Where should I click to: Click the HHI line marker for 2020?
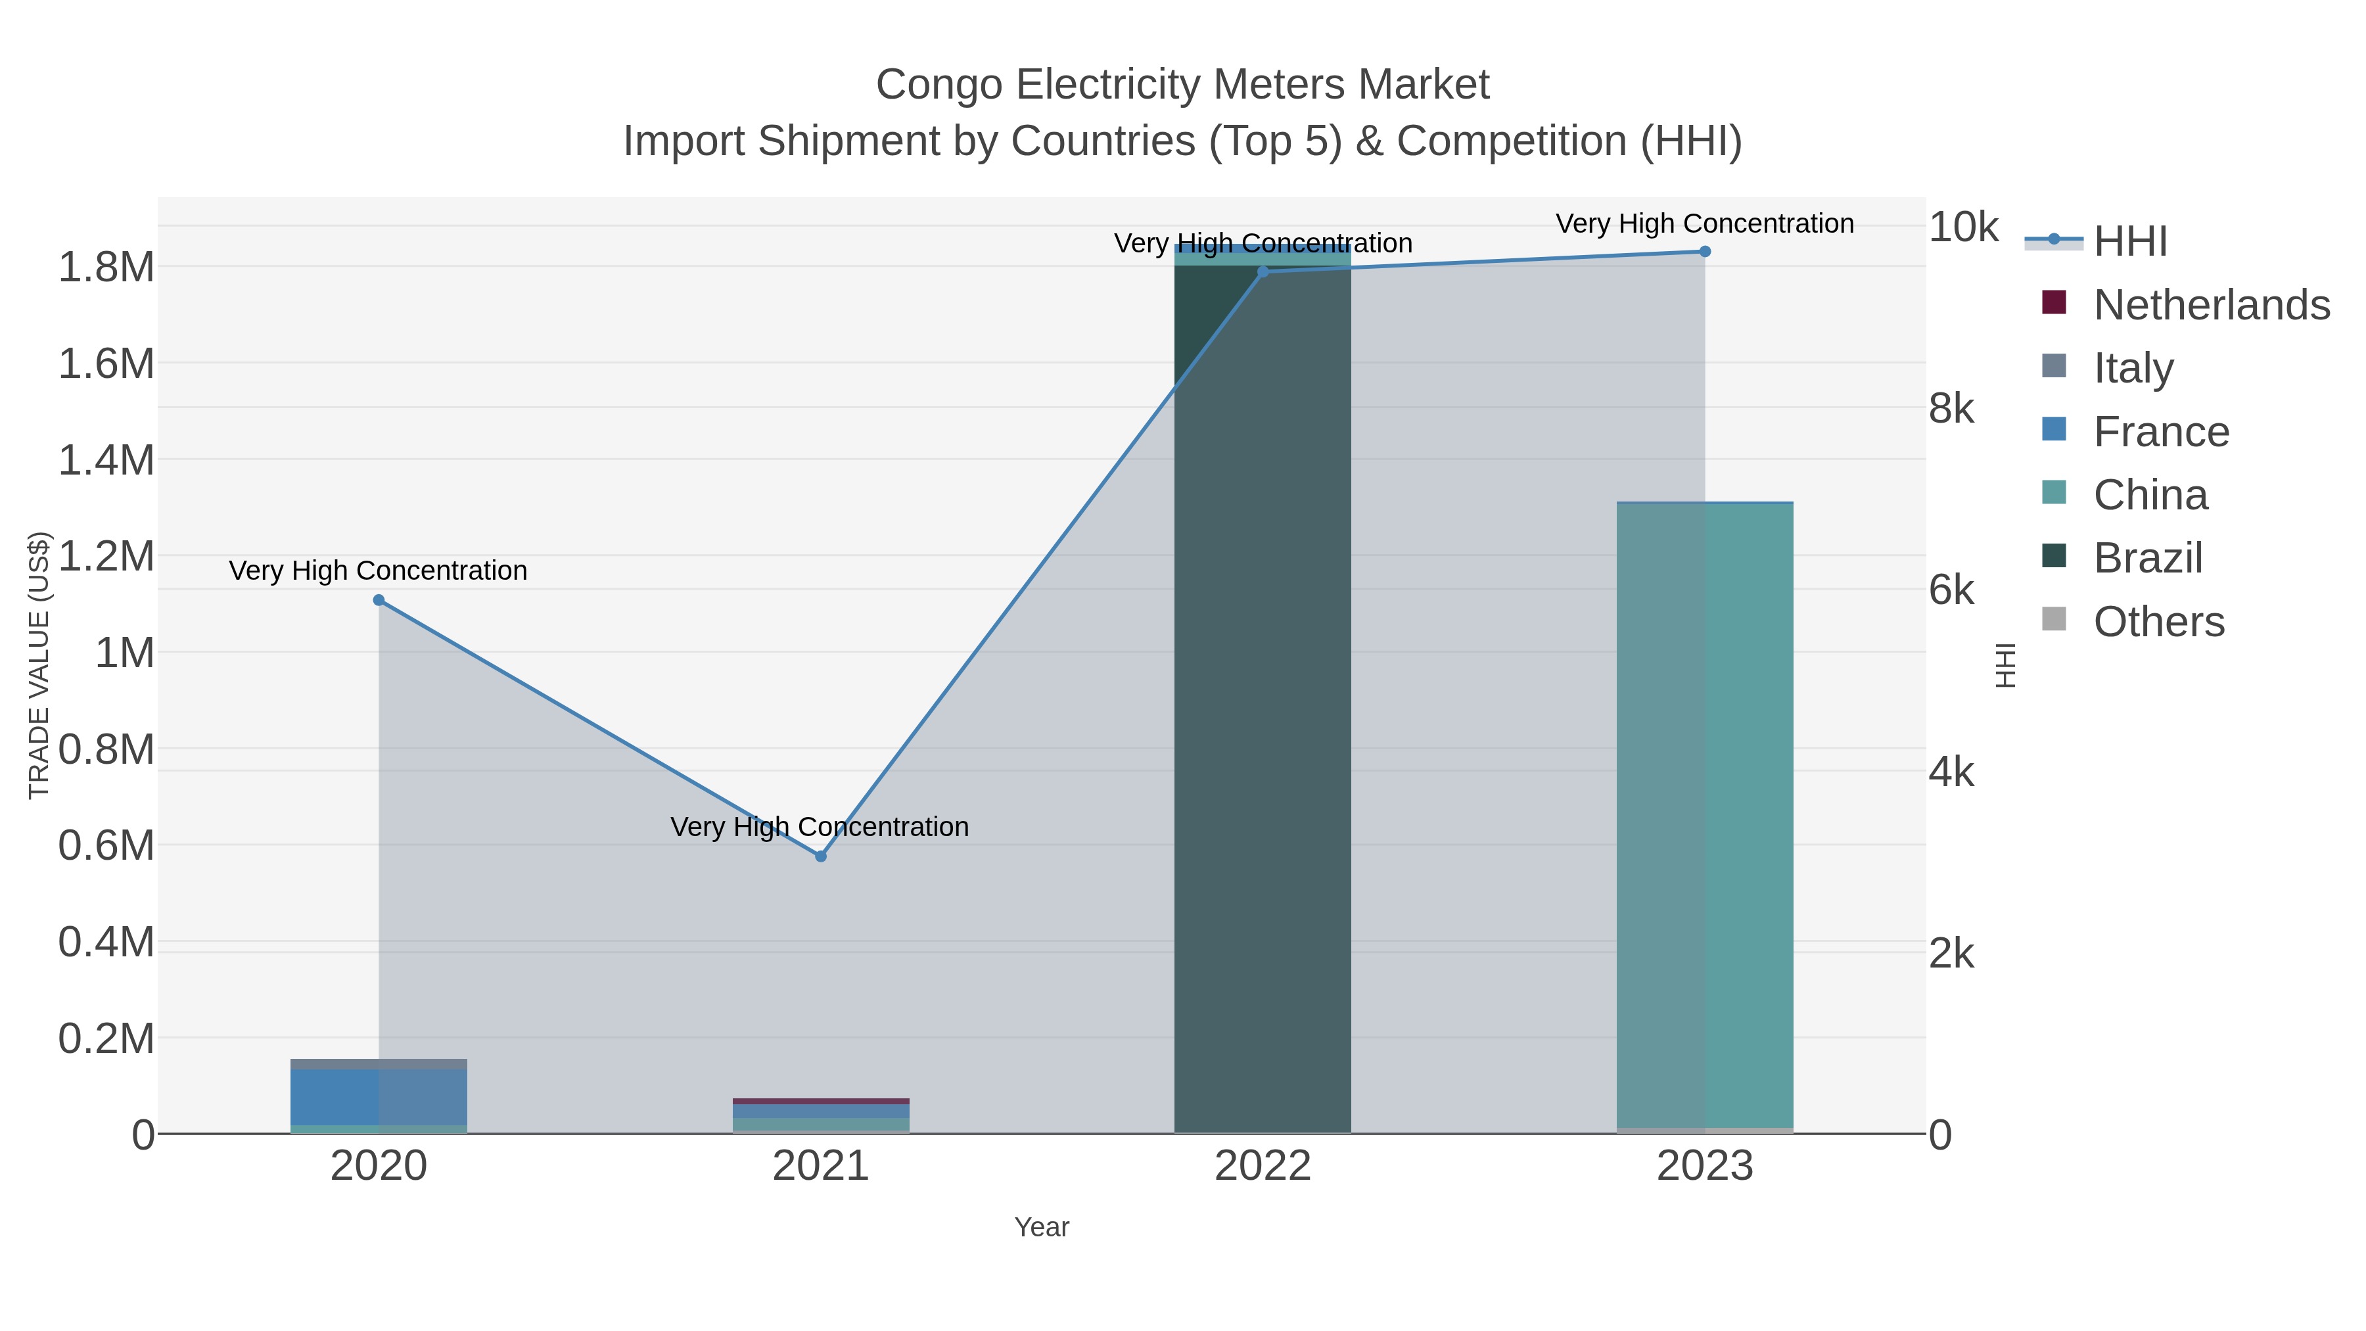point(379,600)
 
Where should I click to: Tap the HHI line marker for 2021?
point(820,856)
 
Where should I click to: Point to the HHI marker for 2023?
point(1705,252)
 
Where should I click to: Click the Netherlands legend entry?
point(2211,305)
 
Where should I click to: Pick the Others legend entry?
point(2158,622)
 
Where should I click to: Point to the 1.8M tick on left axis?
point(106,268)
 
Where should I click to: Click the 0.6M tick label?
point(106,845)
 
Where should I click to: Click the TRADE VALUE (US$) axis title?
point(39,665)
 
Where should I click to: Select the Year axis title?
point(1042,1227)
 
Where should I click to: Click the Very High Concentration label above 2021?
point(820,827)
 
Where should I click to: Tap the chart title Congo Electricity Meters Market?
point(1182,85)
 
